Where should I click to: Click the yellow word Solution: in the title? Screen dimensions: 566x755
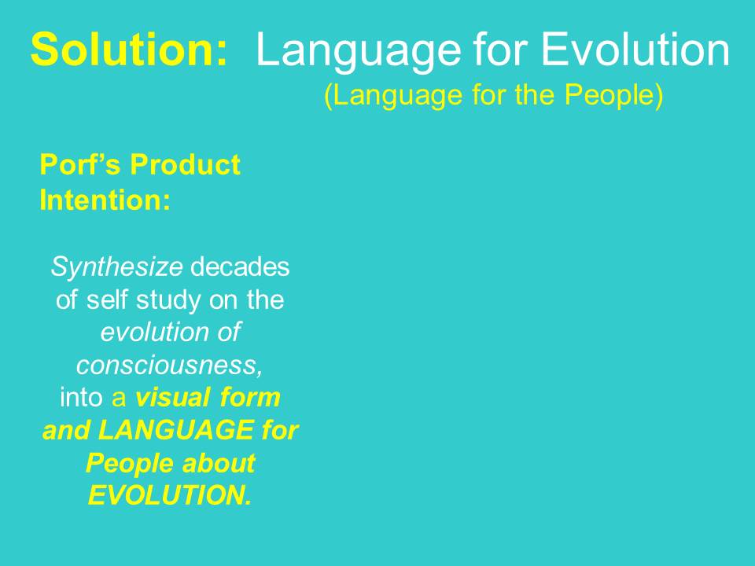pyautogui.click(x=130, y=50)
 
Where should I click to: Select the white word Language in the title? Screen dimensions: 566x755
pyautogui.click(x=359, y=50)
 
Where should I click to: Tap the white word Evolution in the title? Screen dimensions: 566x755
pyautogui.click(x=635, y=50)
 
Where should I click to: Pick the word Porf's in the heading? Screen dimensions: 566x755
pyautogui.click(x=81, y=165)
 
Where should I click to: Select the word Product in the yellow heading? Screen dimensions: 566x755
pyautogui.click(x=186, y=165)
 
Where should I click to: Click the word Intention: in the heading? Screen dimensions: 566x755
pyautogui.click(x=105, y=200)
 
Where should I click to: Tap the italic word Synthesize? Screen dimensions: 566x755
pyautogui.click(x=116, y=268)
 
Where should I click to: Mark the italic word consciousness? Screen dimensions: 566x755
pyautogui.click(x=169, y=366)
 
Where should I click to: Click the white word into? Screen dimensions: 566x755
pyautogui.click(x=82, y=398)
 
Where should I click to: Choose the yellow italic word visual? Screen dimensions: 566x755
pyautogui.click(x=172, y=398)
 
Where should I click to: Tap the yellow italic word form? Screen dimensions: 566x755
pyautogui.click(x=250, y=398)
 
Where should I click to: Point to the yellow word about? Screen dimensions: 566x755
pyautogui.click(x=219, y=464)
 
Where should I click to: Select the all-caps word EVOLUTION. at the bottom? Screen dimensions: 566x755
pyautogui.click(x=170, y=497)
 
